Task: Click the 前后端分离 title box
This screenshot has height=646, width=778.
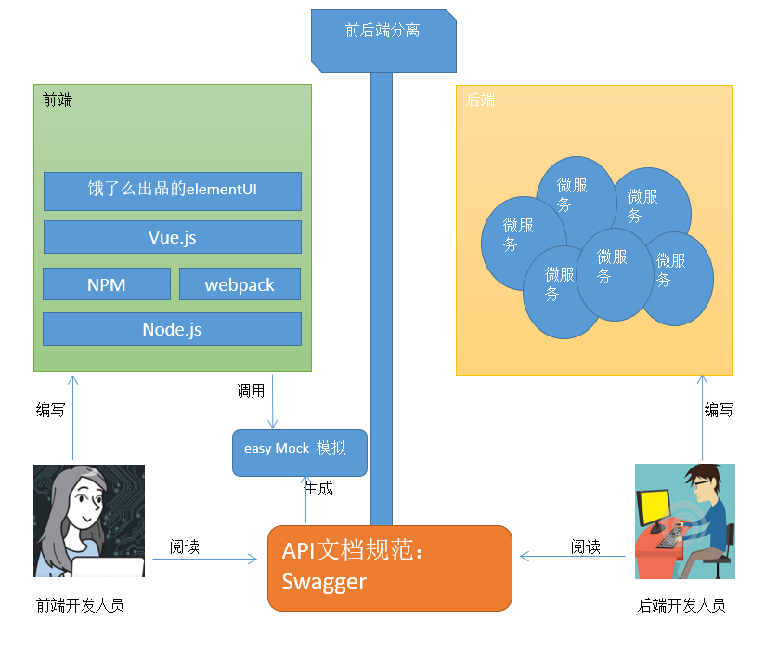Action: pyautogui.click(x=383, y=41)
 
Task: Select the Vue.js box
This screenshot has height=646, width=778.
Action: pyautogui.click(x=172, y=237)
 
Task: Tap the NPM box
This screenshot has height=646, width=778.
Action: pyautogui.click(x=107, y=284)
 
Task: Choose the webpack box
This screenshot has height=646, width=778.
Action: pyautogui.click(x=240, y=284)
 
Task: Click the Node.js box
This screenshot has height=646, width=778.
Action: pyautogui.click(x=172, y=329)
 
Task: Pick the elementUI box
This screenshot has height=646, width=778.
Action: pyautogui.click(x=172, y=191)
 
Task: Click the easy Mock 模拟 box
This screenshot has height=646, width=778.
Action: pyautogui.click(x=300, y=453)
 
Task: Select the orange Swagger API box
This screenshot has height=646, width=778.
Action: pyautogui.click(x=390, y=568)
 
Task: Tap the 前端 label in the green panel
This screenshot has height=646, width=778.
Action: pyautogui.click(x=58, y=99)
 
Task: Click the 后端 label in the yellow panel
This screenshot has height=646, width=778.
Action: pyautogui.click(x=480, y=99)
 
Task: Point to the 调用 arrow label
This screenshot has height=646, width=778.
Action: pyautogui.click(x=251, y=391)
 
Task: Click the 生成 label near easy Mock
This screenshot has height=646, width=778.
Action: pyautogui.click(x=318, y=489)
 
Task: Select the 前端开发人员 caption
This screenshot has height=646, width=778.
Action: pyautogui.click(x=80, y=605)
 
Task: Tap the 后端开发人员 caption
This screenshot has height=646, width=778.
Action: pyautogui.click(x=681, y=605)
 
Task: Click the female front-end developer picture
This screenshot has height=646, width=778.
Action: pyautogui.click(x=89, y=521)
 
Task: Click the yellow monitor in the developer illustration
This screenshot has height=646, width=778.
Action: pyautogui.click(x=654, y=508)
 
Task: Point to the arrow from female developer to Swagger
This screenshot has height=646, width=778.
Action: pyautogui.click(x=204, y=559)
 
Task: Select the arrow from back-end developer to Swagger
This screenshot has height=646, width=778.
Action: pyautogui.click(x=573, y=556)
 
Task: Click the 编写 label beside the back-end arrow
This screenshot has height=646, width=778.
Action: pyautogui.click(x=719, y=410)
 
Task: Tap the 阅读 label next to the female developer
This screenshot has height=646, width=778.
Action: pyautogui.click(x=185, y=547)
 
